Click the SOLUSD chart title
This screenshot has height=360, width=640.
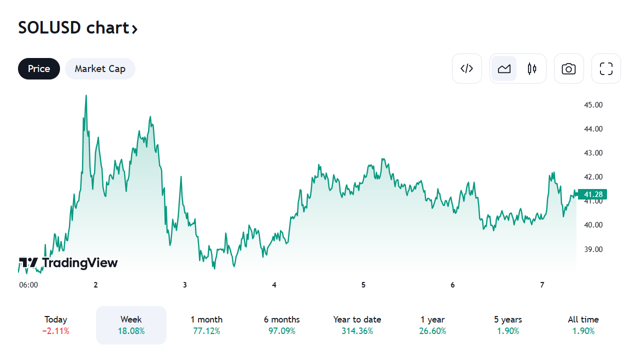click(77, 28)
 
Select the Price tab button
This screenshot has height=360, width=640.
click(39, 68)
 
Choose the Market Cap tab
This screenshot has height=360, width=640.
click(100, 68)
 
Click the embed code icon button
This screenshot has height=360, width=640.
click(466, 68)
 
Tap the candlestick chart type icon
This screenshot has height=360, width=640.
click(532, 68)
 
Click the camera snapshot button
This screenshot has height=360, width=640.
click(568, 68)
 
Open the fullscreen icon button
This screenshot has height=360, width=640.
click(606, 68)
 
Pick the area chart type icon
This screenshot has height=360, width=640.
click(504, 68)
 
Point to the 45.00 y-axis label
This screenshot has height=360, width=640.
click(593, 105)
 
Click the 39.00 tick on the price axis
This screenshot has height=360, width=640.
click(593, 249)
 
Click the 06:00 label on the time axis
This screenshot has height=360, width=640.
click(28, 285)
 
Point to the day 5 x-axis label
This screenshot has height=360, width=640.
click(363, 285)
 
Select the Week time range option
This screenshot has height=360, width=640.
click(131, 325)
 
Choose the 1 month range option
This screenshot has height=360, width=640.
click(206, 325)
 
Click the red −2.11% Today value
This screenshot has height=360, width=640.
click(55, 331)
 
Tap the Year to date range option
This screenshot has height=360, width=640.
click(357, 325)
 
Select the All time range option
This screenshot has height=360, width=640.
click(583, 325)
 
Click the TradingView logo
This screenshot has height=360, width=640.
click(68, 263)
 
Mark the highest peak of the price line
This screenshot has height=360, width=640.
click(86, 95)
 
